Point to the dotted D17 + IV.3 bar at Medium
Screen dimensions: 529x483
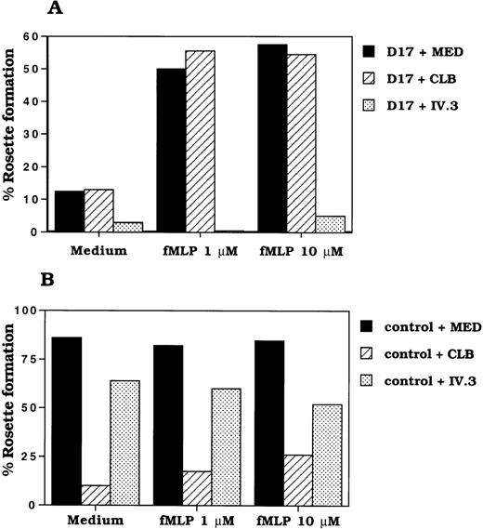tap(128, 227)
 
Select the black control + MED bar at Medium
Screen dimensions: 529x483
tap(68, 420)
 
